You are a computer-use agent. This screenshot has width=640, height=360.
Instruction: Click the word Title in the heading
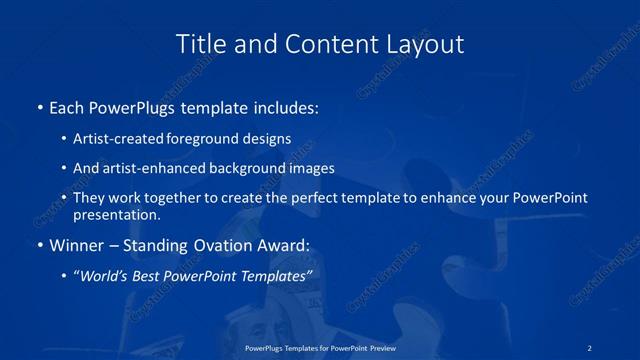point(199,45)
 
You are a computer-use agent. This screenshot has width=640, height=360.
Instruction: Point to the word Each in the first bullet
point(68,105)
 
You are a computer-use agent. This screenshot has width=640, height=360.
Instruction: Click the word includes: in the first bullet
point(285,105)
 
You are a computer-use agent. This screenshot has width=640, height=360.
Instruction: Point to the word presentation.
point(117,215)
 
